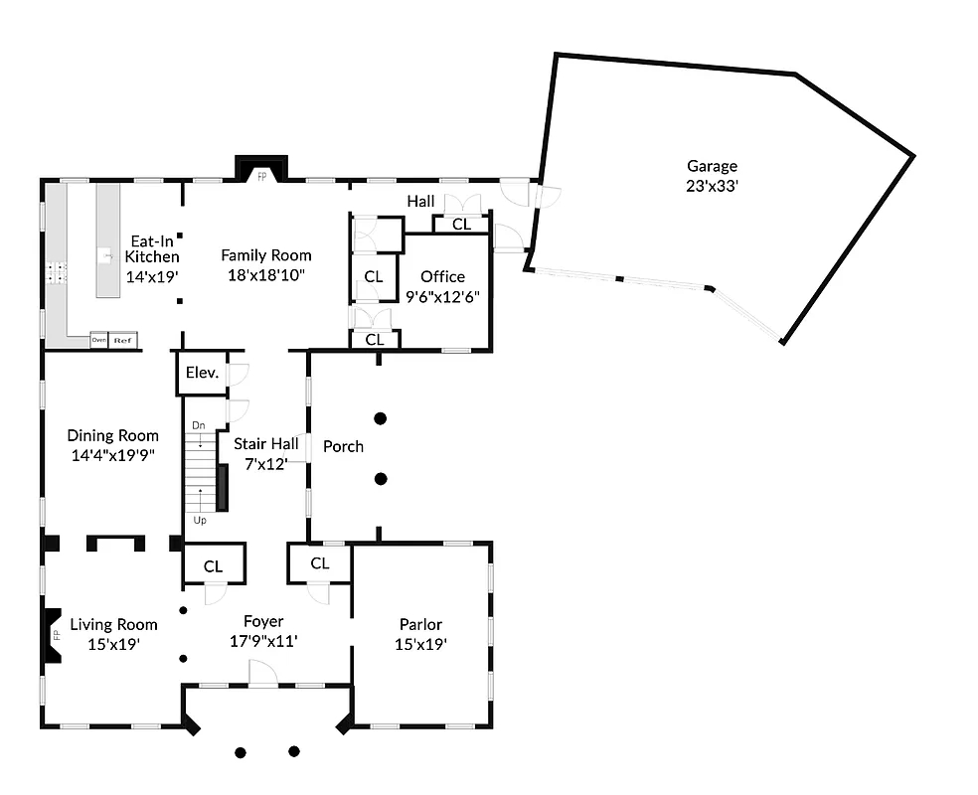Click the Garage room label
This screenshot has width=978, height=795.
point(712,167)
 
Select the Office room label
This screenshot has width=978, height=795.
point(442,276)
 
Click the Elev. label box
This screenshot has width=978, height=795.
point(202,374)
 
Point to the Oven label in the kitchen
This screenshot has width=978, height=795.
point(98,340)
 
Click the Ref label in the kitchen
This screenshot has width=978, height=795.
point(123,340)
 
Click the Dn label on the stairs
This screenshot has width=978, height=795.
point(199,425)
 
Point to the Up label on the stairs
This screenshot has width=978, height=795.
point(200,520)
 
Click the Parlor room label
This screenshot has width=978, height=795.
point(420,624)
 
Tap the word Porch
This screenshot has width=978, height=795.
point(343,446)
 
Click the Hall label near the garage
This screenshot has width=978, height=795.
point(420,202)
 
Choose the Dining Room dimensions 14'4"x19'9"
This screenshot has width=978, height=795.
point(112,455)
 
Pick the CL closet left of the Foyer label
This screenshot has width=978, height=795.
point(213,565)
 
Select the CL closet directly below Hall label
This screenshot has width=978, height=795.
point(462,225)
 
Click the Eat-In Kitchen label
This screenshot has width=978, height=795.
point(152,249)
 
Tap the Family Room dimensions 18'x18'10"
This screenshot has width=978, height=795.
point(265,273)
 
